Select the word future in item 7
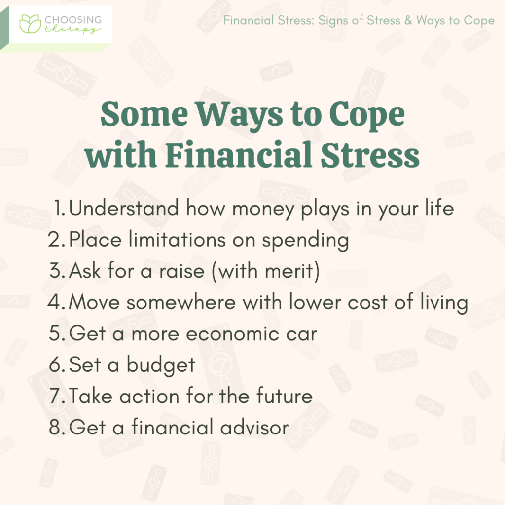pos(284,396)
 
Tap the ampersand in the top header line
pos(406,20)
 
